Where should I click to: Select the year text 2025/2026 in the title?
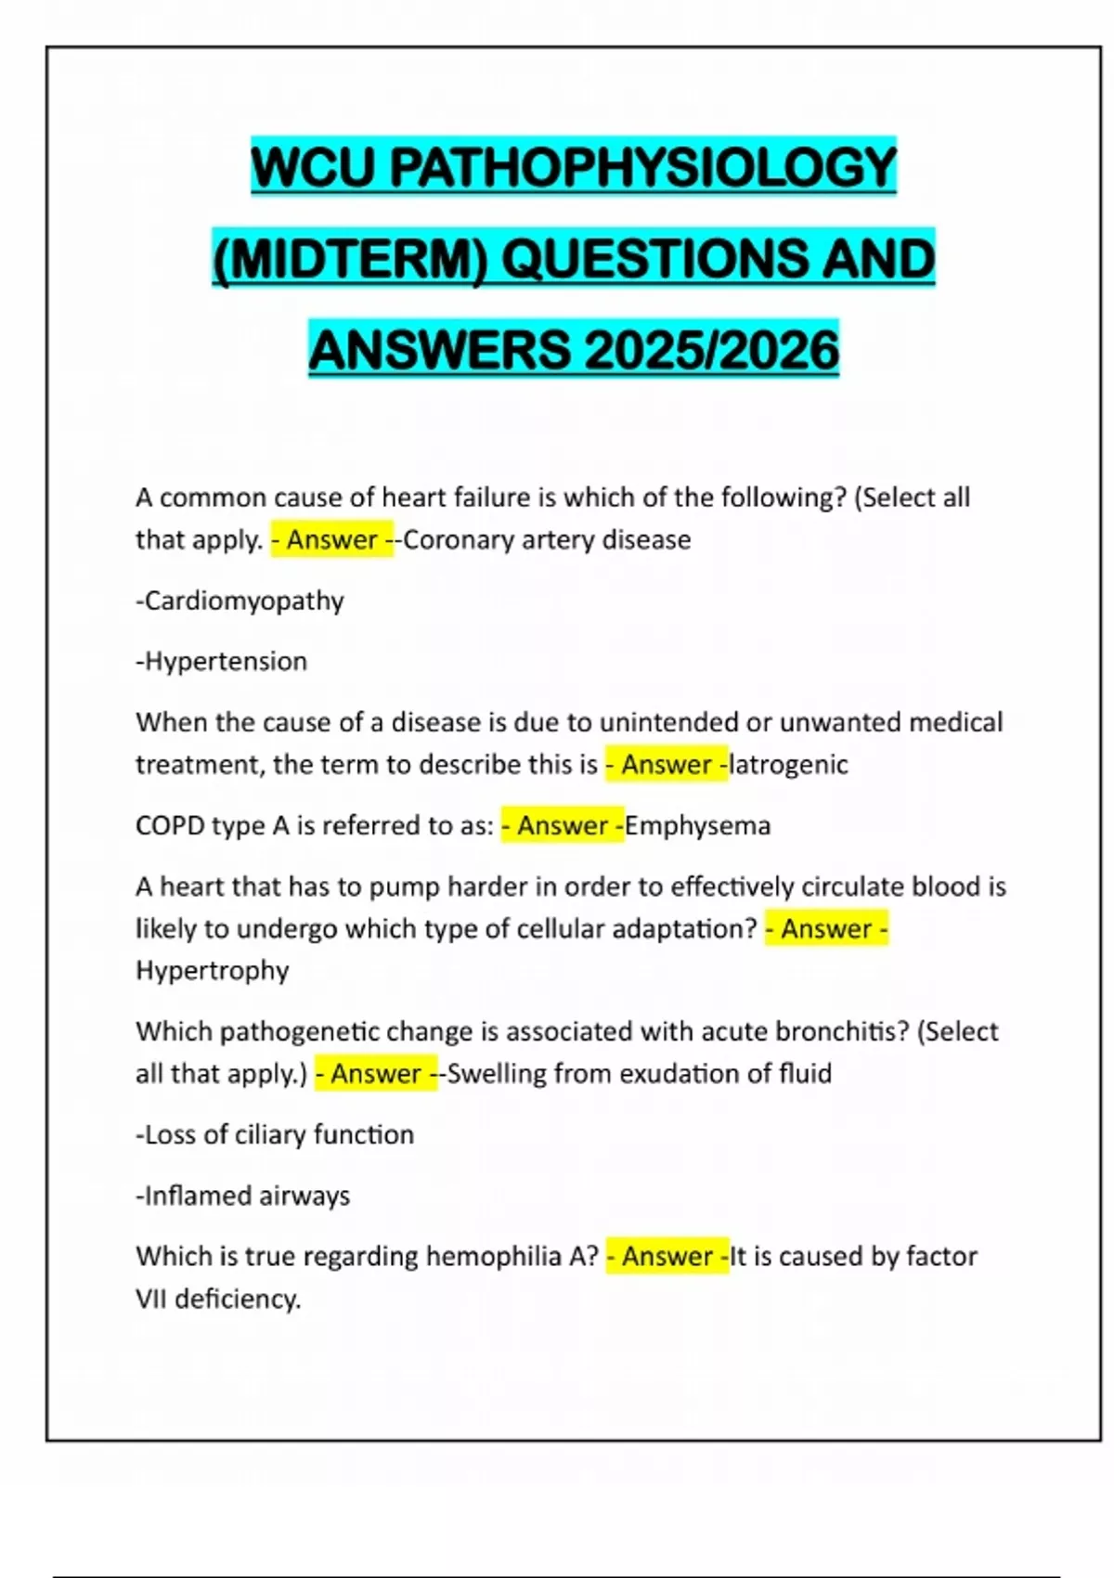(x=712, y=350)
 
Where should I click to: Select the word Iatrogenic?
(x=789, y=765)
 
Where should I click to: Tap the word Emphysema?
(x=698, y=826)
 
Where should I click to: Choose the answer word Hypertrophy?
(x=213, y=971)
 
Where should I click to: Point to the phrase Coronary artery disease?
(x=547, y=540)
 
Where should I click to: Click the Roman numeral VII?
(x=151, y=1300)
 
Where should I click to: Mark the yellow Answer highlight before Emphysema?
(x=563, y=826)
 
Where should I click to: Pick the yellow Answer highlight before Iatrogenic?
(x=667, y=765)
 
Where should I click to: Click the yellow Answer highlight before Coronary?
(x=331, y=540)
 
